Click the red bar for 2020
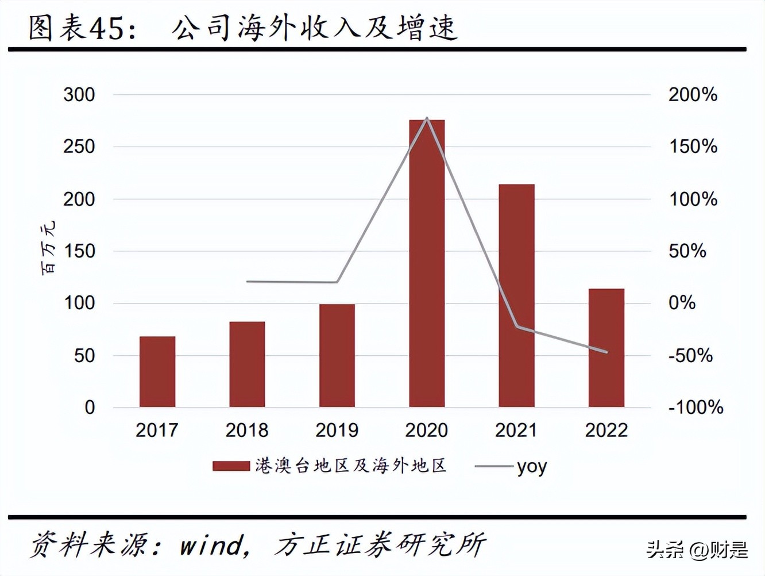click(427, 264)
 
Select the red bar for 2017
click(157, 372)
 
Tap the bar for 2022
click(606, 348)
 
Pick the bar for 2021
click(516, 296)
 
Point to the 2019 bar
click(337, 356)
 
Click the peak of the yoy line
click(427, 118)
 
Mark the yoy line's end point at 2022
click(606, 352)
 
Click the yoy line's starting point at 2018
click(247, 282)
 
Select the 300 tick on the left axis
click(79, 95)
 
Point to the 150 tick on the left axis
click(79, 251)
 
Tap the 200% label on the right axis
click(693, 95)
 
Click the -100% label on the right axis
click(696, 408)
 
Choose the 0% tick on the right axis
click(682, 303)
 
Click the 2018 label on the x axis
click(247, 430)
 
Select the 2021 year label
click(516, 430)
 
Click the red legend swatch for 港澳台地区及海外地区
click(231, 466)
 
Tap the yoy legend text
click(532, 467)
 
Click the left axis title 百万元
click(49, 247)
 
